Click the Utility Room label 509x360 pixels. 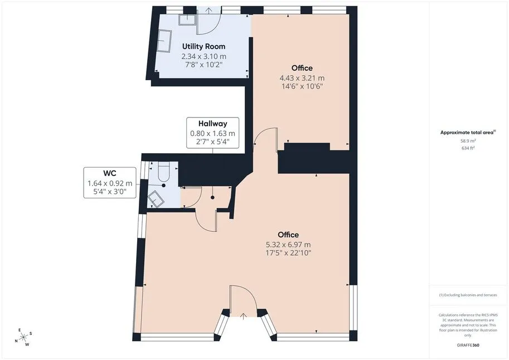(x=203, y=46)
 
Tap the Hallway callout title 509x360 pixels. (x=212, y=124)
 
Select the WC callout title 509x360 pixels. (x=110, y=173)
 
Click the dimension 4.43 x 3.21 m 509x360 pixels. (x=302, y=78)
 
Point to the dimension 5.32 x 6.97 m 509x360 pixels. (x=288, y=245)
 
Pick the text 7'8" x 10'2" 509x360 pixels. (x=203, y=65)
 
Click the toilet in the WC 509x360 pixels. (x=163, y=172)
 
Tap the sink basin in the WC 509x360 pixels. (x=156, y=198)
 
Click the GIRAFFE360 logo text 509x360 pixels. (x=468, y=345)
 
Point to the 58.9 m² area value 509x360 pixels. (x=468, y=141)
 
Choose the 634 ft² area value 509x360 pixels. (x=468, y=148)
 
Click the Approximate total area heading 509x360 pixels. (x=468, y=133)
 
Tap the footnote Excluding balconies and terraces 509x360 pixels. (x=468, y=295)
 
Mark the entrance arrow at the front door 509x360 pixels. (x=244, y=317)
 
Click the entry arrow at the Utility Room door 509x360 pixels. (x=209, y=11)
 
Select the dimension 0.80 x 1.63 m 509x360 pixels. (x=212, y=133)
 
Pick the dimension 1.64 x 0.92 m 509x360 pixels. (x=110, y=183)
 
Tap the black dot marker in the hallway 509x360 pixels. (x=212, y=197)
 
